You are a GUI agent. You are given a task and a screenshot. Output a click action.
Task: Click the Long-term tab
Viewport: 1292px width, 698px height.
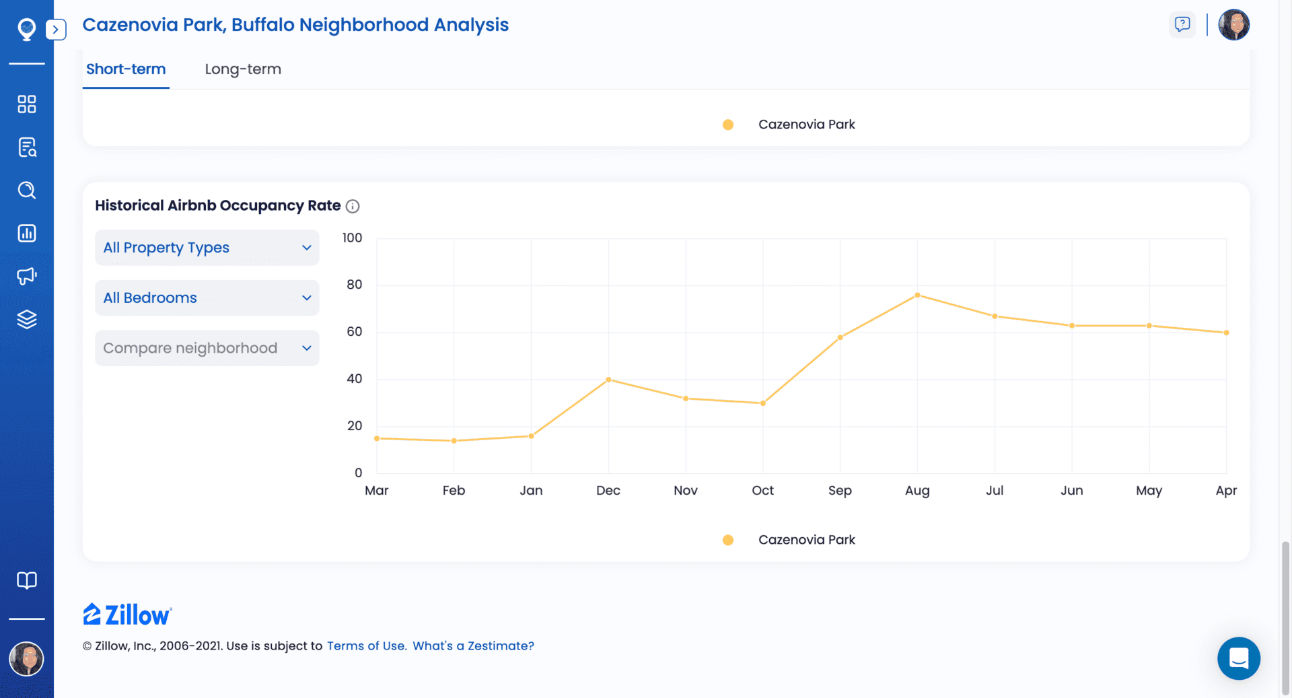point(243,69)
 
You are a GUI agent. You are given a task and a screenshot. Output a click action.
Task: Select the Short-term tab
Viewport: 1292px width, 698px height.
point(126,69)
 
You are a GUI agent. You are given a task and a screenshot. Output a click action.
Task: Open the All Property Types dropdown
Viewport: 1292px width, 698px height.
point(207,248)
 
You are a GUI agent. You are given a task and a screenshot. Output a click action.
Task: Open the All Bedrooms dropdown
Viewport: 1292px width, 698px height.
point(207,298)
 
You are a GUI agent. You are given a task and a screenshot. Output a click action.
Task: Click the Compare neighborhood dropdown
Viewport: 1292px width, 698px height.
point(207,348)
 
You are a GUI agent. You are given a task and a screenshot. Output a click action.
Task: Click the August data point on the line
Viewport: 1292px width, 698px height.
point(917,295)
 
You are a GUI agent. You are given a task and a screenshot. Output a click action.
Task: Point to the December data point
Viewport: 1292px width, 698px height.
point(608,380)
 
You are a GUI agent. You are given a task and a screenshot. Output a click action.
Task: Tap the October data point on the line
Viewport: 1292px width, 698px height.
point(762,403)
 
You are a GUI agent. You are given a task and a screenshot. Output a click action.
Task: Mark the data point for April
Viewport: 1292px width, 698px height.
point(1226,333)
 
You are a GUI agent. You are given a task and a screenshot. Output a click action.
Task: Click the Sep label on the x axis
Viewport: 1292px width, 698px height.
point(840,491)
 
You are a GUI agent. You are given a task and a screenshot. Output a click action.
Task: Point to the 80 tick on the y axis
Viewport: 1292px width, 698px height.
point(354,285)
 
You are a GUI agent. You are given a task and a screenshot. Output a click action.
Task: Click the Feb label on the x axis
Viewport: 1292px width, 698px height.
point(454,491)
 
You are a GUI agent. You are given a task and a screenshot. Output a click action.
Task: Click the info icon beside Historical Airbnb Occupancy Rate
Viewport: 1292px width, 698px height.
point(353,207)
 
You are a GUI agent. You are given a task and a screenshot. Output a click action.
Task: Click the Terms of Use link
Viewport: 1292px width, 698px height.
point(367,645)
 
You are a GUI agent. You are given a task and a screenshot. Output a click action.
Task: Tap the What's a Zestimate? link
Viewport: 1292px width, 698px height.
point(473,645)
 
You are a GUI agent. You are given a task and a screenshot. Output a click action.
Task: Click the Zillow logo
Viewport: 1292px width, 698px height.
point(127,615)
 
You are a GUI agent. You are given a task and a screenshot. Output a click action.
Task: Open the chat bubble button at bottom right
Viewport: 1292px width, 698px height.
point(1238,658)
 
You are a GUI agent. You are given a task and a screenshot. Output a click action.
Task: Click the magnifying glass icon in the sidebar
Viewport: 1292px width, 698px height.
point(27,190)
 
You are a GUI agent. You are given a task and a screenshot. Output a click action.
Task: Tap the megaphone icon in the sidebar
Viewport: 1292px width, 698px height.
point(27,276)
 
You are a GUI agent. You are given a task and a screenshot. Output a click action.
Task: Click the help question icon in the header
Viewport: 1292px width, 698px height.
point(1182,25)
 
